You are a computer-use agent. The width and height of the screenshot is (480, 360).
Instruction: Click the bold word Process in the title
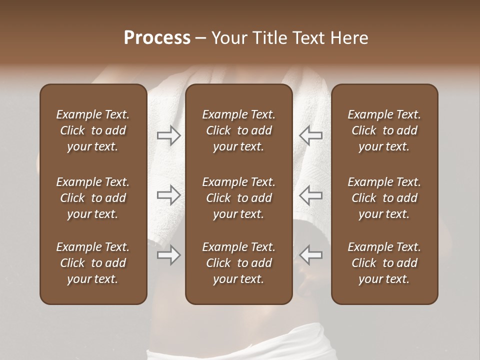157,38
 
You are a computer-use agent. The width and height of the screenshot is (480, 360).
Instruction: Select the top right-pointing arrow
168,135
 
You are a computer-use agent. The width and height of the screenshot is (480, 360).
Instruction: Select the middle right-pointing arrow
168,195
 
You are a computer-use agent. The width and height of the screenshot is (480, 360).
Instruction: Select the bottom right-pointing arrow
168,255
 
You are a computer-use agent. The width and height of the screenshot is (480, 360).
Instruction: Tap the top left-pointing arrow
310,135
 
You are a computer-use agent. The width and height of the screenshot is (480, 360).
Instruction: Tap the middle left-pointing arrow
310,195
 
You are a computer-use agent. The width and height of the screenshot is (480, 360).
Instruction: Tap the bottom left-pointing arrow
310,255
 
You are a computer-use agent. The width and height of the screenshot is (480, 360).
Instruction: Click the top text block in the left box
93,130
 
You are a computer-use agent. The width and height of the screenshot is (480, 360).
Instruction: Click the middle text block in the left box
93,198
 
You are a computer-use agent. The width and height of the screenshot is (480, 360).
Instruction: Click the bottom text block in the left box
93,263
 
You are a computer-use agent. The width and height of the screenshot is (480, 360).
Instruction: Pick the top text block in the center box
239,130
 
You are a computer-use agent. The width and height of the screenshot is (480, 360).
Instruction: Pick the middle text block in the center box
239,198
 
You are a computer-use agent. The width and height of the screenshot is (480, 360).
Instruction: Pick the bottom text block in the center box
239,263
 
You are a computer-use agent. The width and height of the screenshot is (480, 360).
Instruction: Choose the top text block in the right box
384,130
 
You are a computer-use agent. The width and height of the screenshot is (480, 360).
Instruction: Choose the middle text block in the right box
384,198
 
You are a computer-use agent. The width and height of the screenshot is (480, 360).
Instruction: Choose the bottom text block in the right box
384,263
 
